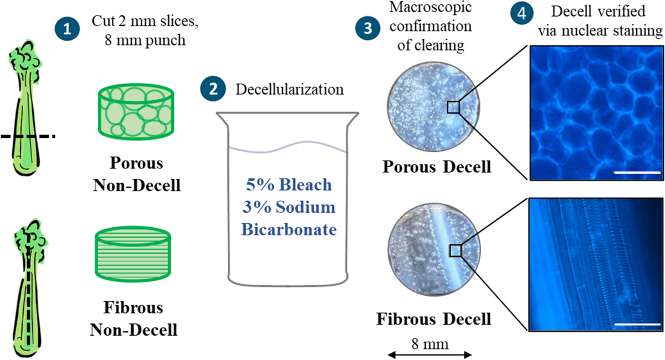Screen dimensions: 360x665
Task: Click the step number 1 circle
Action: [x=68, y=29]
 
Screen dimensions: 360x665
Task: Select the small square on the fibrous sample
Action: [x=456, y=251]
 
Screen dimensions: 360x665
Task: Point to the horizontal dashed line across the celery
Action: [x=27, y=136]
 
